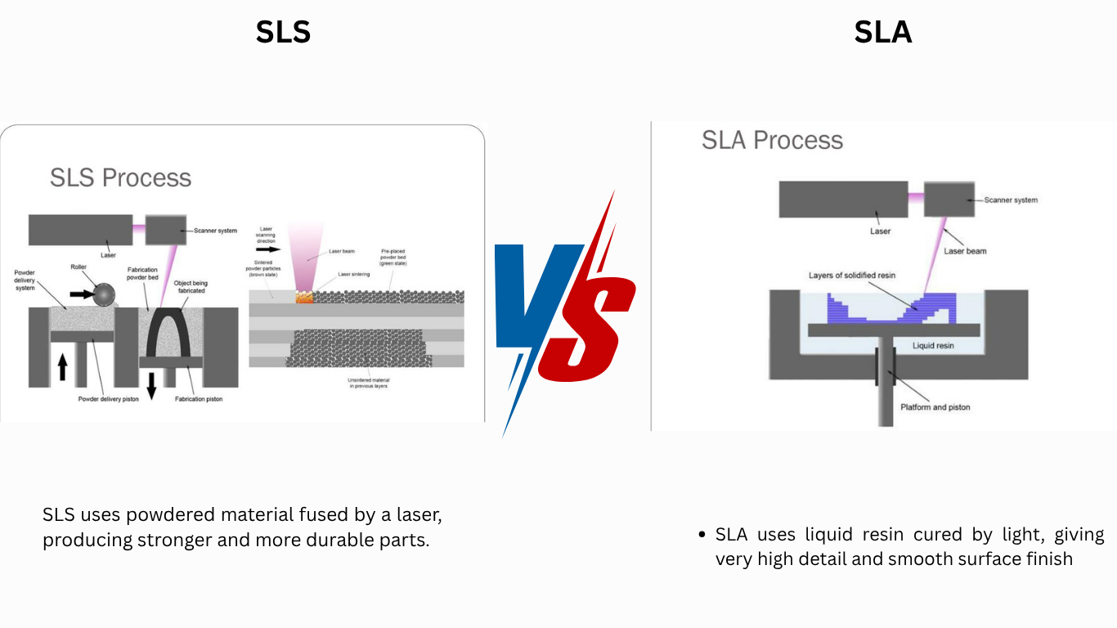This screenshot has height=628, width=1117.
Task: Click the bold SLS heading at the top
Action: tap(283, 32)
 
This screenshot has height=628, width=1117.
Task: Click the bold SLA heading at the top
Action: tap(882, 32)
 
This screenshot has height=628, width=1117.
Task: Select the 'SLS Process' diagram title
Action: tap(120, 177)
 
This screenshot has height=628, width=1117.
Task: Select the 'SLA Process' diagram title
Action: tap(772, 140)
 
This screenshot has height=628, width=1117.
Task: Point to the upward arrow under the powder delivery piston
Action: tap(62, 368)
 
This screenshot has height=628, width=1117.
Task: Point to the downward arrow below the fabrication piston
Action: tap(151, 385)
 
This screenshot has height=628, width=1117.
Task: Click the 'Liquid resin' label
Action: tap(933, 346)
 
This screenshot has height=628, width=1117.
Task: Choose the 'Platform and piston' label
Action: tap(935, 407)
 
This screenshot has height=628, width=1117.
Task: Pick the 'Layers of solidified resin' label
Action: tap(851, 276)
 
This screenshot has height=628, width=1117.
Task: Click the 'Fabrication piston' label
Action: tap(199, 399)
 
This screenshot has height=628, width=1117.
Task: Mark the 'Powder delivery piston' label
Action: tap(108, 399)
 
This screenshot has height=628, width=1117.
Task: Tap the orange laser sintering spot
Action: tap(304, 298)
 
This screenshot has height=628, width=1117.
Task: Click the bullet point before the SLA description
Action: tap(702, 535)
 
